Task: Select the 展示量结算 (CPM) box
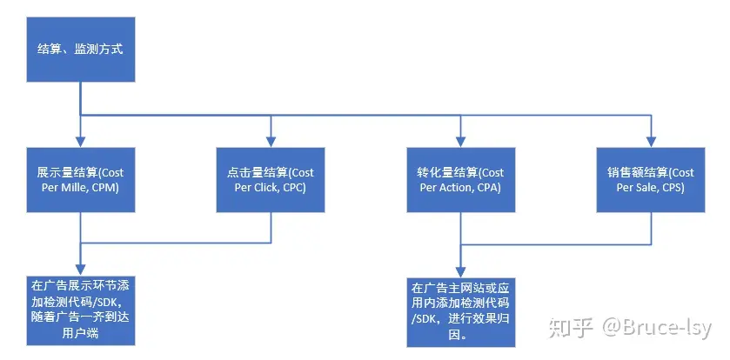pos(81,179)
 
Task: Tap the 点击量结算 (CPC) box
pos(271,179)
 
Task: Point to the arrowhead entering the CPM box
pos(81,143)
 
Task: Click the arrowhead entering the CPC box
pos(271,143)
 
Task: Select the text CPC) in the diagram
pos(296,188)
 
